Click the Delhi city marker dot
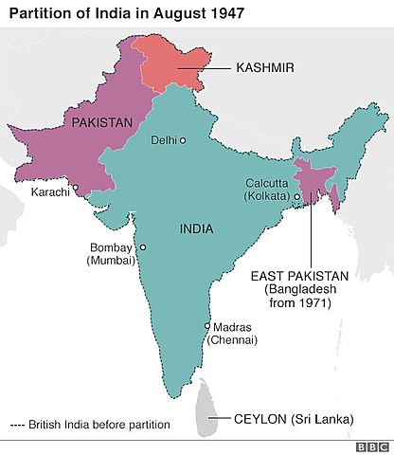pos(183,141)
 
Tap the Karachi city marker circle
pos(77,188)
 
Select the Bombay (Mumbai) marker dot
pos(143,247)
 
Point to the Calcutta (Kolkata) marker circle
pos(296,197)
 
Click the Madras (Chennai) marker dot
pos(207,326)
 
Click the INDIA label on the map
pos(196,229)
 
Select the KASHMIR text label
pos(264,68)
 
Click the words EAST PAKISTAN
pos(299,276)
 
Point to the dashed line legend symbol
pos(18,425)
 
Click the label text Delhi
pos(164,140)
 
